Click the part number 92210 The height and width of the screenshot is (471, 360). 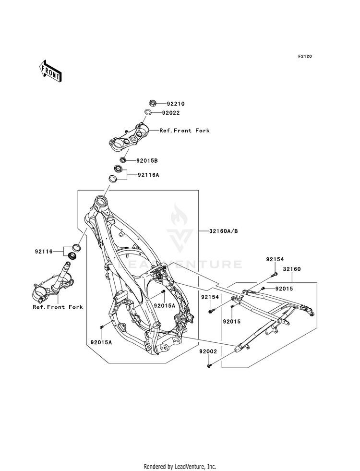pos(176,104)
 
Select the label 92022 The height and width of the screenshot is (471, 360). pos(171,113)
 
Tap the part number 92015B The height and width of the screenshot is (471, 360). pos(147,161)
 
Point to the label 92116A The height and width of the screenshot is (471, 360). pos(148,174)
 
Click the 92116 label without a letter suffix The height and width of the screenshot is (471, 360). pos(44,251)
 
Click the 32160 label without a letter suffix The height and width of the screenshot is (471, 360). pos(292,269)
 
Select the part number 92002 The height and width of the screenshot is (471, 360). pos(208,351)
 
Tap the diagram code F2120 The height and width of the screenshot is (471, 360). pos(305,56)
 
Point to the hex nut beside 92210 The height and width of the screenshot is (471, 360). pos(153,104)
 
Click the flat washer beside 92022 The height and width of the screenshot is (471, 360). pos(148,113)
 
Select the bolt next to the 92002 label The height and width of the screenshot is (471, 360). pos(209,366)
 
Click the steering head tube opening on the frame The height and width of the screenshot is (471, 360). pos(100,199)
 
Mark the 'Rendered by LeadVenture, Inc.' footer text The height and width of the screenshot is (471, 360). pos(180,467)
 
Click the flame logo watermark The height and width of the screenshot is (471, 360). pos(179,215)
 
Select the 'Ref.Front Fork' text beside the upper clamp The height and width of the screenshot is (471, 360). pos(184,131)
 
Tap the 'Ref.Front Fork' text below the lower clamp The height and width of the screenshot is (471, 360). pos(58,307)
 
